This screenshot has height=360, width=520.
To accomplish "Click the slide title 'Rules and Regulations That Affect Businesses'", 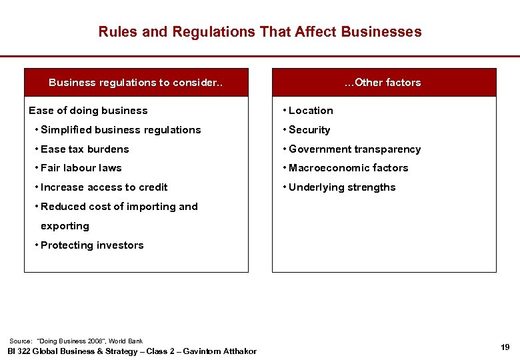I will tap(260, 31).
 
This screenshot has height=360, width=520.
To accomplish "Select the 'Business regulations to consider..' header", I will tap(136, 83).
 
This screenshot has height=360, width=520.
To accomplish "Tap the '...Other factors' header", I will tap(383, 83).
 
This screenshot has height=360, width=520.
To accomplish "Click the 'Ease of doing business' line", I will tap(88, 111).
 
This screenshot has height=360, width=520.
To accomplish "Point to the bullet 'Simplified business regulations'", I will tap(121, 130).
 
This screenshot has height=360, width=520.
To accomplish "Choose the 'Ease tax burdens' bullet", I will tap(85, 149).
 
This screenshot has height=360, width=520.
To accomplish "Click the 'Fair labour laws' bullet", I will tap(81, 168).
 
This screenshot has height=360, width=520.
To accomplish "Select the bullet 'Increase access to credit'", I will tap(104, 187).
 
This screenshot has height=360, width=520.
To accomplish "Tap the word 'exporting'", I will tap(65, 226).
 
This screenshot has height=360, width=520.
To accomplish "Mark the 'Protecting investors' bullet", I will tap(92, 245).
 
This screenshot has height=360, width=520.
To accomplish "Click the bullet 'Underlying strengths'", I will tap(342, 187).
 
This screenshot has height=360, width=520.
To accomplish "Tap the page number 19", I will tap(505, 347).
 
